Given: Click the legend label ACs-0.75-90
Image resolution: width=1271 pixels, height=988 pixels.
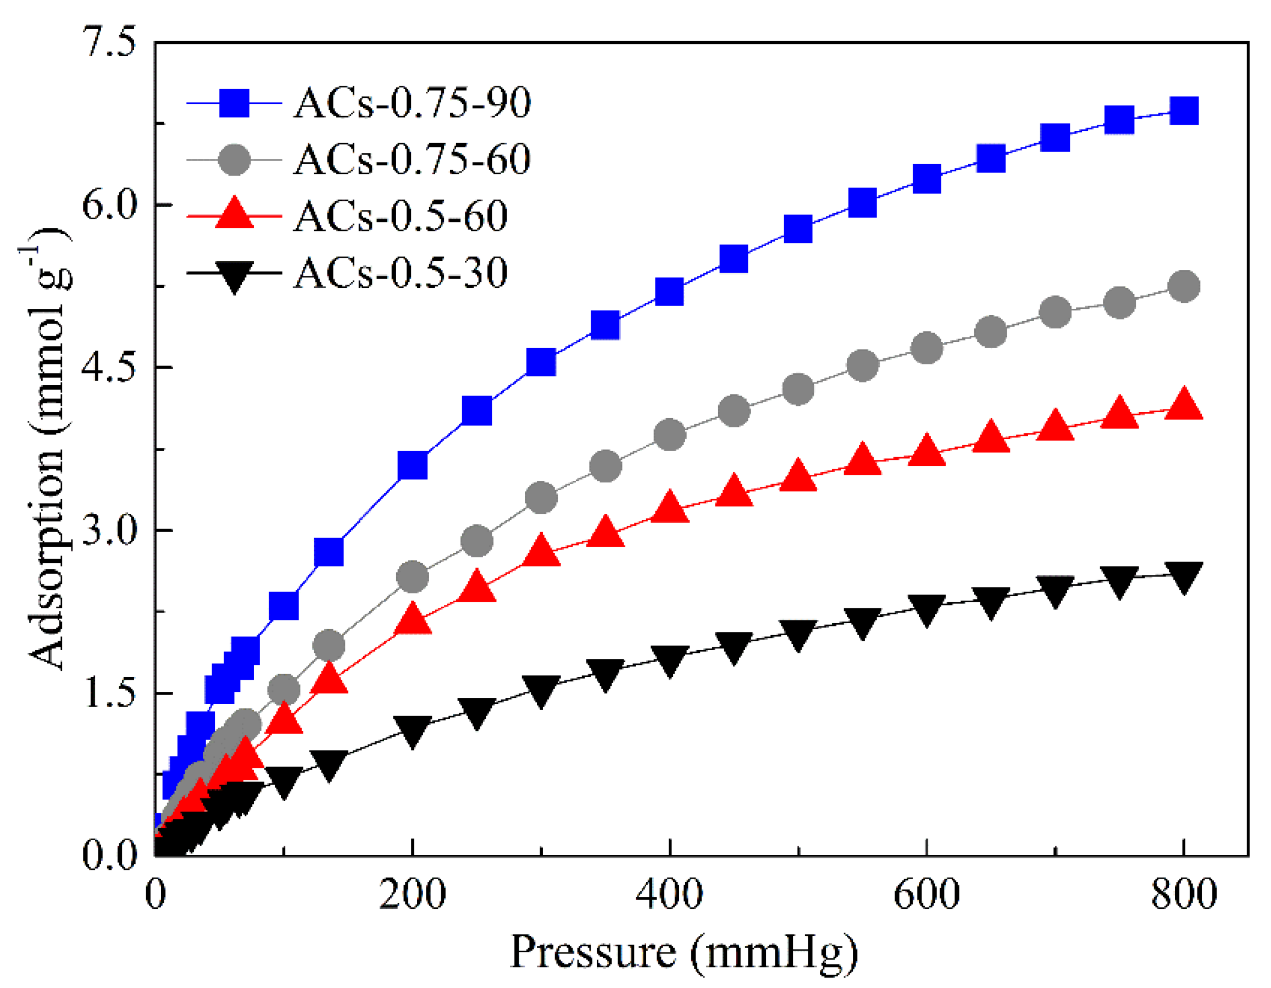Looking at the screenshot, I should (x=412, y=103).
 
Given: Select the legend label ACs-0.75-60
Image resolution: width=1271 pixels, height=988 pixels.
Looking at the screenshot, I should (x=412, y=159).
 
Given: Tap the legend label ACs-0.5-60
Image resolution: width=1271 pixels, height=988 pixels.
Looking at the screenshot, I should (x=401, y=216).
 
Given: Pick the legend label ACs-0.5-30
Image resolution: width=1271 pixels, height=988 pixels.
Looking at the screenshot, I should (x=401, y=273).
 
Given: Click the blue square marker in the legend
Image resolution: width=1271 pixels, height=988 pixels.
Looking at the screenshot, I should (x=234, y=103).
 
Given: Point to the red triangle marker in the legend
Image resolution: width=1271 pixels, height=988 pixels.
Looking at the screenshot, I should (x=234, y=214).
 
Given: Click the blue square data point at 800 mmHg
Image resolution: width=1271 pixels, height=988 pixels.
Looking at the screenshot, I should (x=1184, y=110).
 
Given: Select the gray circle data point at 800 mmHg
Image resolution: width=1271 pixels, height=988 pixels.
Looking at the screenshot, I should (x=1184, y=286).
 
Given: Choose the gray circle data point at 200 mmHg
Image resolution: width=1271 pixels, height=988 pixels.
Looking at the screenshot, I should (x=413, y=576).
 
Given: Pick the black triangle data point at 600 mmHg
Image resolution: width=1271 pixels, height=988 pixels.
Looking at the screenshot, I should (x=926, y=609).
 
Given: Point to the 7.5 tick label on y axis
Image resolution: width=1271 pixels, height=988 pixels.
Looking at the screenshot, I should (x=108, y=42).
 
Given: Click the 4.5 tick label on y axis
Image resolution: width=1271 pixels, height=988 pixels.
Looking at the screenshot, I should (x=108, y=367).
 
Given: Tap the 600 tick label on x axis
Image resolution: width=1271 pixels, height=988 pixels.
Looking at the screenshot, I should (x=926, y=895).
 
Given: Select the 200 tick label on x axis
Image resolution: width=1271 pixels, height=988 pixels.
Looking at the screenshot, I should (x=412, y=895).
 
